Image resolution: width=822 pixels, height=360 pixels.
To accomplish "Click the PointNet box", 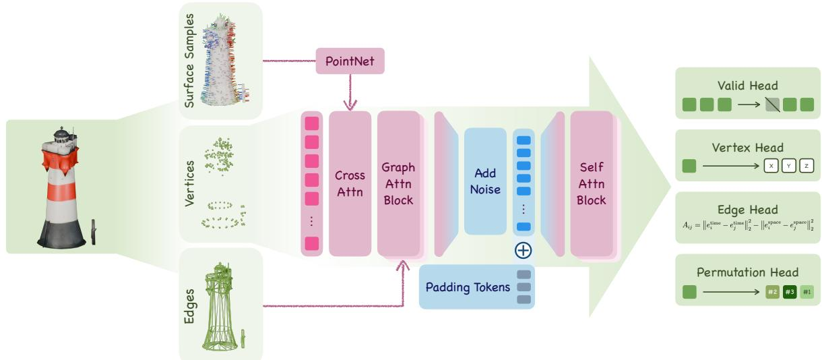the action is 350,61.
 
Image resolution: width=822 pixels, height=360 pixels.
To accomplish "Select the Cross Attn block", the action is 350,183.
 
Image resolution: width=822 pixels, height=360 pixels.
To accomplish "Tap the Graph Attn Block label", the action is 398,183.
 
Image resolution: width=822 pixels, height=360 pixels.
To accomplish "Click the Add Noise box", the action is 485,181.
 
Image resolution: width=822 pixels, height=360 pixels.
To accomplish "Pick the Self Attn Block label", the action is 591,183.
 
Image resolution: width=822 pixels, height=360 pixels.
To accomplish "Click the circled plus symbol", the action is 524,251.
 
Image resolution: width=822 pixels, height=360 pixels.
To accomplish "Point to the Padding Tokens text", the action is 468,287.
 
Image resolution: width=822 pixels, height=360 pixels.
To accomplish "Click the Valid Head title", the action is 747,86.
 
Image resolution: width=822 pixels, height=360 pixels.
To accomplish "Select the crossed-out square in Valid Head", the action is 772,104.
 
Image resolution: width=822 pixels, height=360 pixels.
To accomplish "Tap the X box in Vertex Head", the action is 771,166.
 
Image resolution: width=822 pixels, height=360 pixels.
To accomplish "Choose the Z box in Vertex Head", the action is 807,166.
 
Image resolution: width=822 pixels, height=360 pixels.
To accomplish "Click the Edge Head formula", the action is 748,225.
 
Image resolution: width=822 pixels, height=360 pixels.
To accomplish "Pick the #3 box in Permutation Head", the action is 790,292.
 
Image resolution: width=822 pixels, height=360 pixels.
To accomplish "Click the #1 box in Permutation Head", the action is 807,292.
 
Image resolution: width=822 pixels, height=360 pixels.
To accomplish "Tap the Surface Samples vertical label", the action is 189,61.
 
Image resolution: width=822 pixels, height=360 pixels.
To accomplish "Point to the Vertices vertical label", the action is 189,183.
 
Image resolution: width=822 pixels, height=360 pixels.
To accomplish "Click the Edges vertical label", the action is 189,306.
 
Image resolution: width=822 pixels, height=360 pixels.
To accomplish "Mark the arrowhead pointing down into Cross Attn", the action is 350,104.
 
